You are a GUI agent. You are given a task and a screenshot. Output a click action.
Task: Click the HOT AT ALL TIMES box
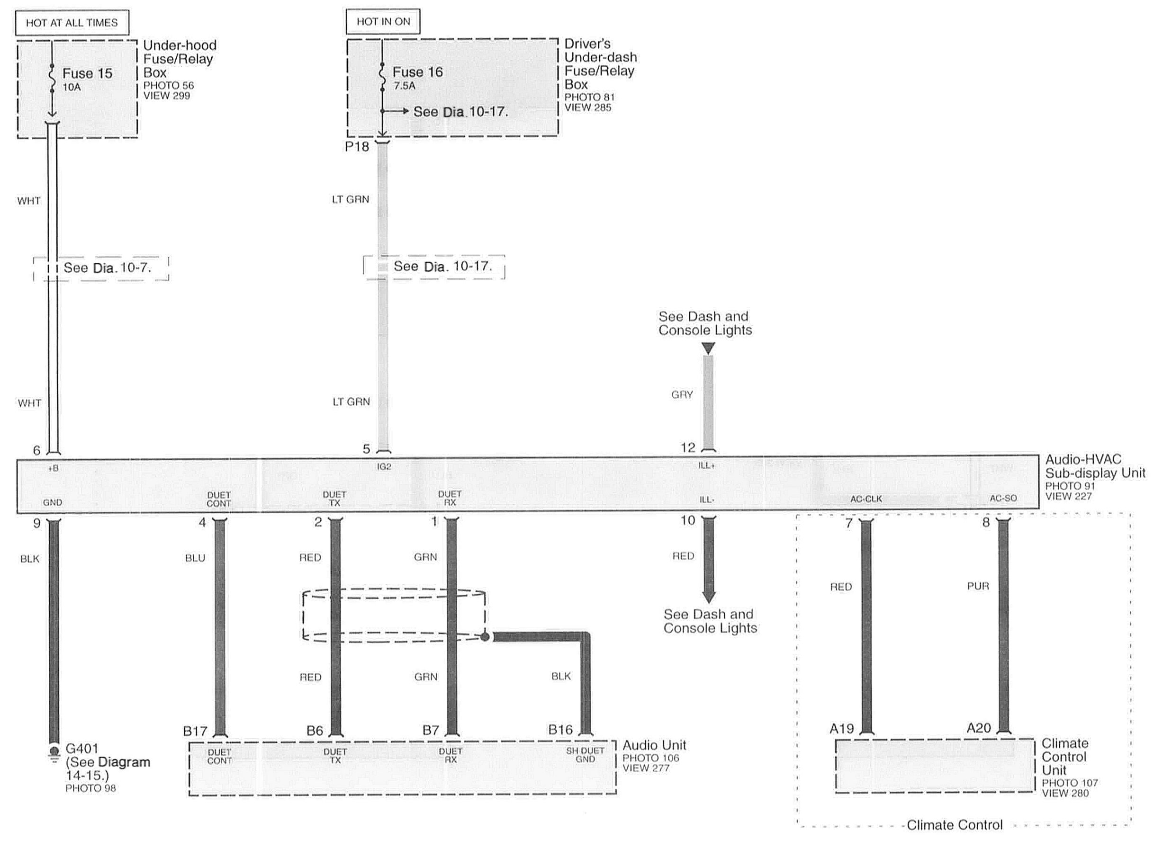click(72, 23)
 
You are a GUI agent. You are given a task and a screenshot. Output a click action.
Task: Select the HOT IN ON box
click(383, 22)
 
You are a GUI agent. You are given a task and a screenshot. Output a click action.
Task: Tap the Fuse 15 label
click(87, 73)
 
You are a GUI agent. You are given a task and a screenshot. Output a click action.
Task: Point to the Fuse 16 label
click(417, 72)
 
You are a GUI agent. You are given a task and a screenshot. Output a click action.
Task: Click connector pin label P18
click(357, 147)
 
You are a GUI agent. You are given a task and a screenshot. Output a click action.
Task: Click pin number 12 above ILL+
click(688, 447)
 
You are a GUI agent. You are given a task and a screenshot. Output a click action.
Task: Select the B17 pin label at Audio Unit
click(195, 731)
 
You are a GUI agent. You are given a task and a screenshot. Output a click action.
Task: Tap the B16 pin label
click(560, 730)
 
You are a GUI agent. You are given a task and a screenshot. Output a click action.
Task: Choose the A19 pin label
click(842, 728)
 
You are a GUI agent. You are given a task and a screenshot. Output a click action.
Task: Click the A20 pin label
click(979, 728)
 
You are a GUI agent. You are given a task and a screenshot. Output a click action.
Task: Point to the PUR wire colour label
click(978, 586)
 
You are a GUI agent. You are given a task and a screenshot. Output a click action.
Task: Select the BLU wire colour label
click(195, 558)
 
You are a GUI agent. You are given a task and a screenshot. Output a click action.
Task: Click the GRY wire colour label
click(682, 395)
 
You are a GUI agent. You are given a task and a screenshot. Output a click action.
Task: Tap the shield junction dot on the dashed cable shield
click(485, 636)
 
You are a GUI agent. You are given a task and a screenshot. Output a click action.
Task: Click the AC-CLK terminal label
click(866, 499)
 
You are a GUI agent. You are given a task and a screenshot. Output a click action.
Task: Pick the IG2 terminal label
click(384, 466)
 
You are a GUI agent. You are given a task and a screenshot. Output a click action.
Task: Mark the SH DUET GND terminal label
click(585, 755)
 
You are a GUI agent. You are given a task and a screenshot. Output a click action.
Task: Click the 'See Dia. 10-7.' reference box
click(101, 268)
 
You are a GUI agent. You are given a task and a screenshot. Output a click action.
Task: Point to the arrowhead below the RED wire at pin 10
click(709, 598)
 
